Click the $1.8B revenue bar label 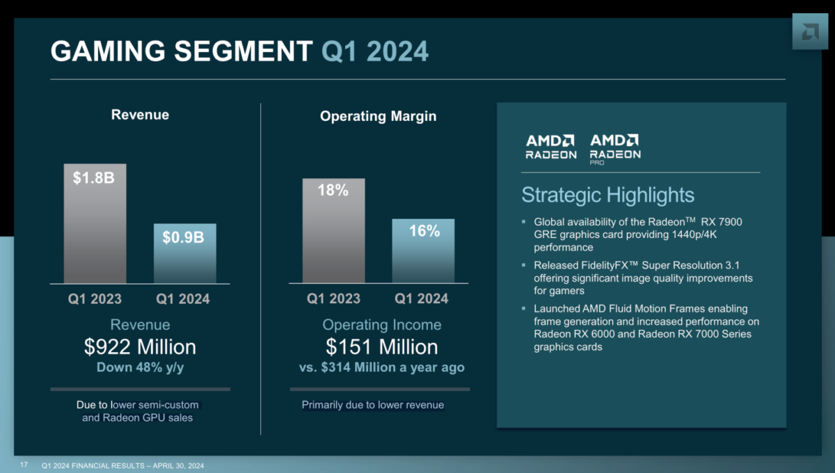point(95,178)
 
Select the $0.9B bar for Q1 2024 point(184,253)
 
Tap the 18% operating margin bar point(333,230)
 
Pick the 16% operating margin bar point(422,250)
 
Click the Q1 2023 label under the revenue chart point(95,299)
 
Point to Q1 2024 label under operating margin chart point(422,299)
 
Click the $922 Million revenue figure point(140,346)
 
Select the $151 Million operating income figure point(382,346)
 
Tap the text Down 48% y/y point(140,367)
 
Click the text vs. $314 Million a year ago point(382,367)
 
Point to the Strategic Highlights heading point(607,195)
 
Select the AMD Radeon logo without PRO point(550,147)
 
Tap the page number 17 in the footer point(24,465)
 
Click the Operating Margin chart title point(378,116)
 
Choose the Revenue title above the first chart point(140,115)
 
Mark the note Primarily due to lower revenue point(372,405)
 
